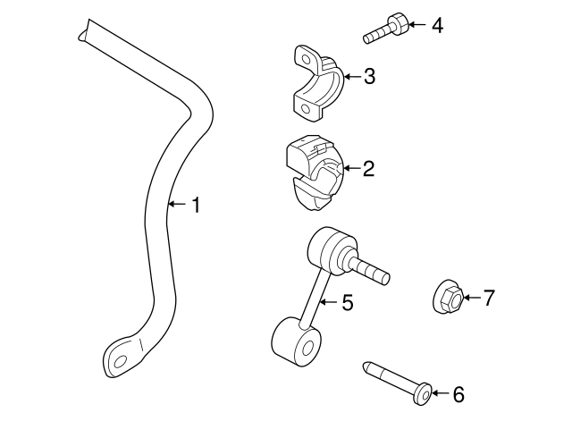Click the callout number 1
point(195,206)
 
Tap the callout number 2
point(367,168)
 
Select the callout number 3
point(368,77)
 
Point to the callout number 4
point(436,25)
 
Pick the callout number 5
point(347,304)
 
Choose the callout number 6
point(458,393)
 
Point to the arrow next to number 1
point(176,206)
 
